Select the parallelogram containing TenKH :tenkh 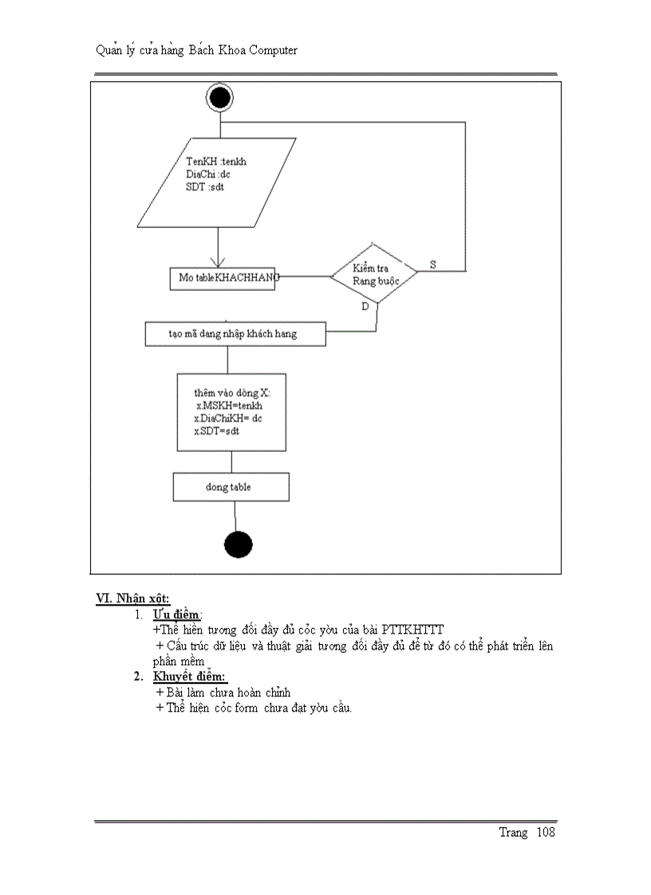(217, 183)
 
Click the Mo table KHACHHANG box (223, 277)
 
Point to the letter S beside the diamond (433, 264)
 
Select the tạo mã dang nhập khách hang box (235, 334)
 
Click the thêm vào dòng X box (231, 412)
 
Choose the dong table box (231, 487)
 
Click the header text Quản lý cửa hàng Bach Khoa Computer (196, 50)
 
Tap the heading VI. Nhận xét (132, 598)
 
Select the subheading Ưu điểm (177, 614)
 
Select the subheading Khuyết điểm (190, 677)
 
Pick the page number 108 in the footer (546, 833)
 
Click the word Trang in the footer (513, 833)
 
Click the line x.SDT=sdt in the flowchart (217, 431)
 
